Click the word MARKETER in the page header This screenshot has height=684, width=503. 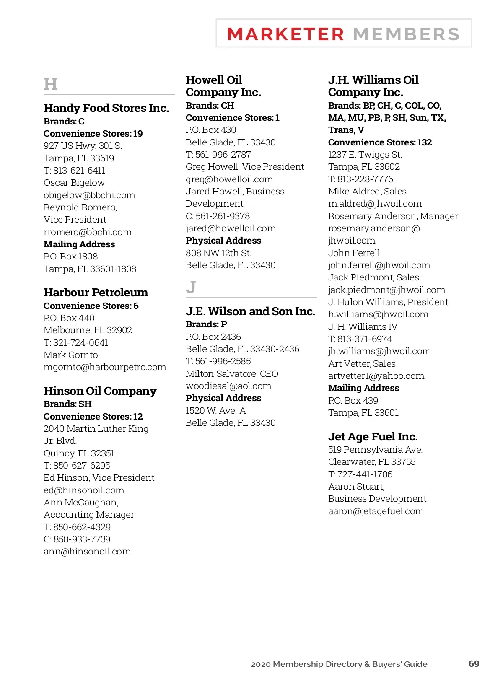click(285, 34)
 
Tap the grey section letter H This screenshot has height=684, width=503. click(50, 84)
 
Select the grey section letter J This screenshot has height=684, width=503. click(191, 288)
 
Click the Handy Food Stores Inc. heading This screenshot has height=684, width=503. click(106, 108)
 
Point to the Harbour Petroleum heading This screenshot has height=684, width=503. click(96, 293)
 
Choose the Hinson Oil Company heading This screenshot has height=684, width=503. click(100, 391)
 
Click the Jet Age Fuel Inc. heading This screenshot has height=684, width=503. click(373, 437)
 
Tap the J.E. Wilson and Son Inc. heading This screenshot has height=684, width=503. click(250, 311)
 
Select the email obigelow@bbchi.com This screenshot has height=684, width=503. click(89, 195)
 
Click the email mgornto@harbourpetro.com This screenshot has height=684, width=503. click(105, 367)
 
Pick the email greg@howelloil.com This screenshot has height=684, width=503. click(229, 179)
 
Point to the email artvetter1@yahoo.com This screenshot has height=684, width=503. click(376, 376)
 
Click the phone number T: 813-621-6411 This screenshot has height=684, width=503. click(74, 171)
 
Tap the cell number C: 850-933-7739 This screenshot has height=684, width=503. click(77, 539)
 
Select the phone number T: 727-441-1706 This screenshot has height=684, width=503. click(360, 474)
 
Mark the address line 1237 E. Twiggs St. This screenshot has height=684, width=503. click(365, 155)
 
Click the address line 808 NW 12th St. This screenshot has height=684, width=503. click(218, 253)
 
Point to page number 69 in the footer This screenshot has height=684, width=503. click(474, 664)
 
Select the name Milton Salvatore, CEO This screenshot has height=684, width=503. click(232, 374)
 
